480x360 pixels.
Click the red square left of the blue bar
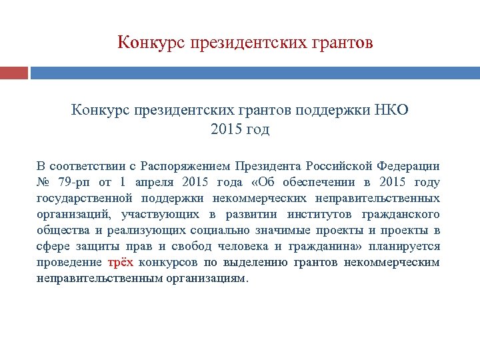(13, 73)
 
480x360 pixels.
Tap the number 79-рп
(74, 182)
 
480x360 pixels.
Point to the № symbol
(44, 182)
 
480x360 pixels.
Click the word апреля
(154, 182)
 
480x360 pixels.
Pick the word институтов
(319, 214)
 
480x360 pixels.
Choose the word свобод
(180, 246)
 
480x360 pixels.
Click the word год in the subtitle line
(256, 129)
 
